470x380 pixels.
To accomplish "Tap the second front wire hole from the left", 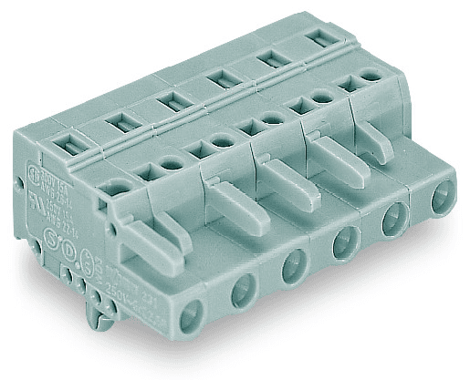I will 242,293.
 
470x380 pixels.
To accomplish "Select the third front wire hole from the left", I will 291,267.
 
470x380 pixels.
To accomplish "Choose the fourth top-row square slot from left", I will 219,78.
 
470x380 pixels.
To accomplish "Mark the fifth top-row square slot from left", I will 268,57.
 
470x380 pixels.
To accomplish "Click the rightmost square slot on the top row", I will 319,38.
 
